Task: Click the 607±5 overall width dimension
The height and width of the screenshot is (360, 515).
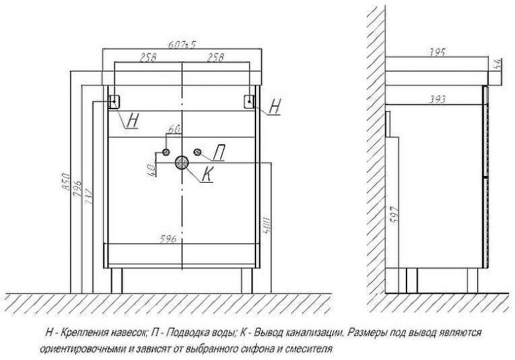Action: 183,45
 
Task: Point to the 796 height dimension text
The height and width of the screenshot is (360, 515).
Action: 77,186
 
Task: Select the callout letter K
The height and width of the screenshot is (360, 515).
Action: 207,175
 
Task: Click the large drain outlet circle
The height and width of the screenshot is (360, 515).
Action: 183,162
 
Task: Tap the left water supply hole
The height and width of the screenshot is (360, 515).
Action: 166,152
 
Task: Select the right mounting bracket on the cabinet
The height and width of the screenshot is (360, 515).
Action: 250,100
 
